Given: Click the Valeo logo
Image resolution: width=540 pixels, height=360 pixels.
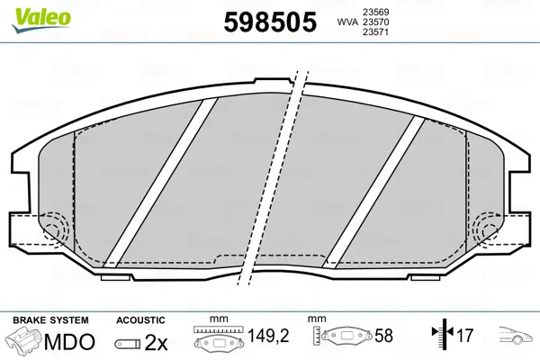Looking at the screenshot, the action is [41, 20].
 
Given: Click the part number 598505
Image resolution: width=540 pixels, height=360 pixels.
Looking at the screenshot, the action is [270, 22].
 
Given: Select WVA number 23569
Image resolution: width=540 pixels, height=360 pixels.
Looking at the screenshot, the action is [375, 12].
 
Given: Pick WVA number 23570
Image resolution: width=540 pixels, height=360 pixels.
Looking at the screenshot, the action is [375, 22].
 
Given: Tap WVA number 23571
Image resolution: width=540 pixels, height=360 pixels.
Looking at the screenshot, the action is [375, 32].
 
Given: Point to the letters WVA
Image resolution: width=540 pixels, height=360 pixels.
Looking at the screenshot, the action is [347, 22].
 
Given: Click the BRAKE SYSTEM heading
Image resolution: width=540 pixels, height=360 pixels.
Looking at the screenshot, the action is [50, 320].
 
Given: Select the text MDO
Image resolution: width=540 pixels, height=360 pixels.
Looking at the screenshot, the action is [69, 342].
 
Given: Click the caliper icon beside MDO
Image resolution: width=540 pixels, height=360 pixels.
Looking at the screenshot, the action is [23, 341].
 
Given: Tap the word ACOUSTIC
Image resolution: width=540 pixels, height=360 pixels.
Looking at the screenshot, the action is [140, 320].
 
